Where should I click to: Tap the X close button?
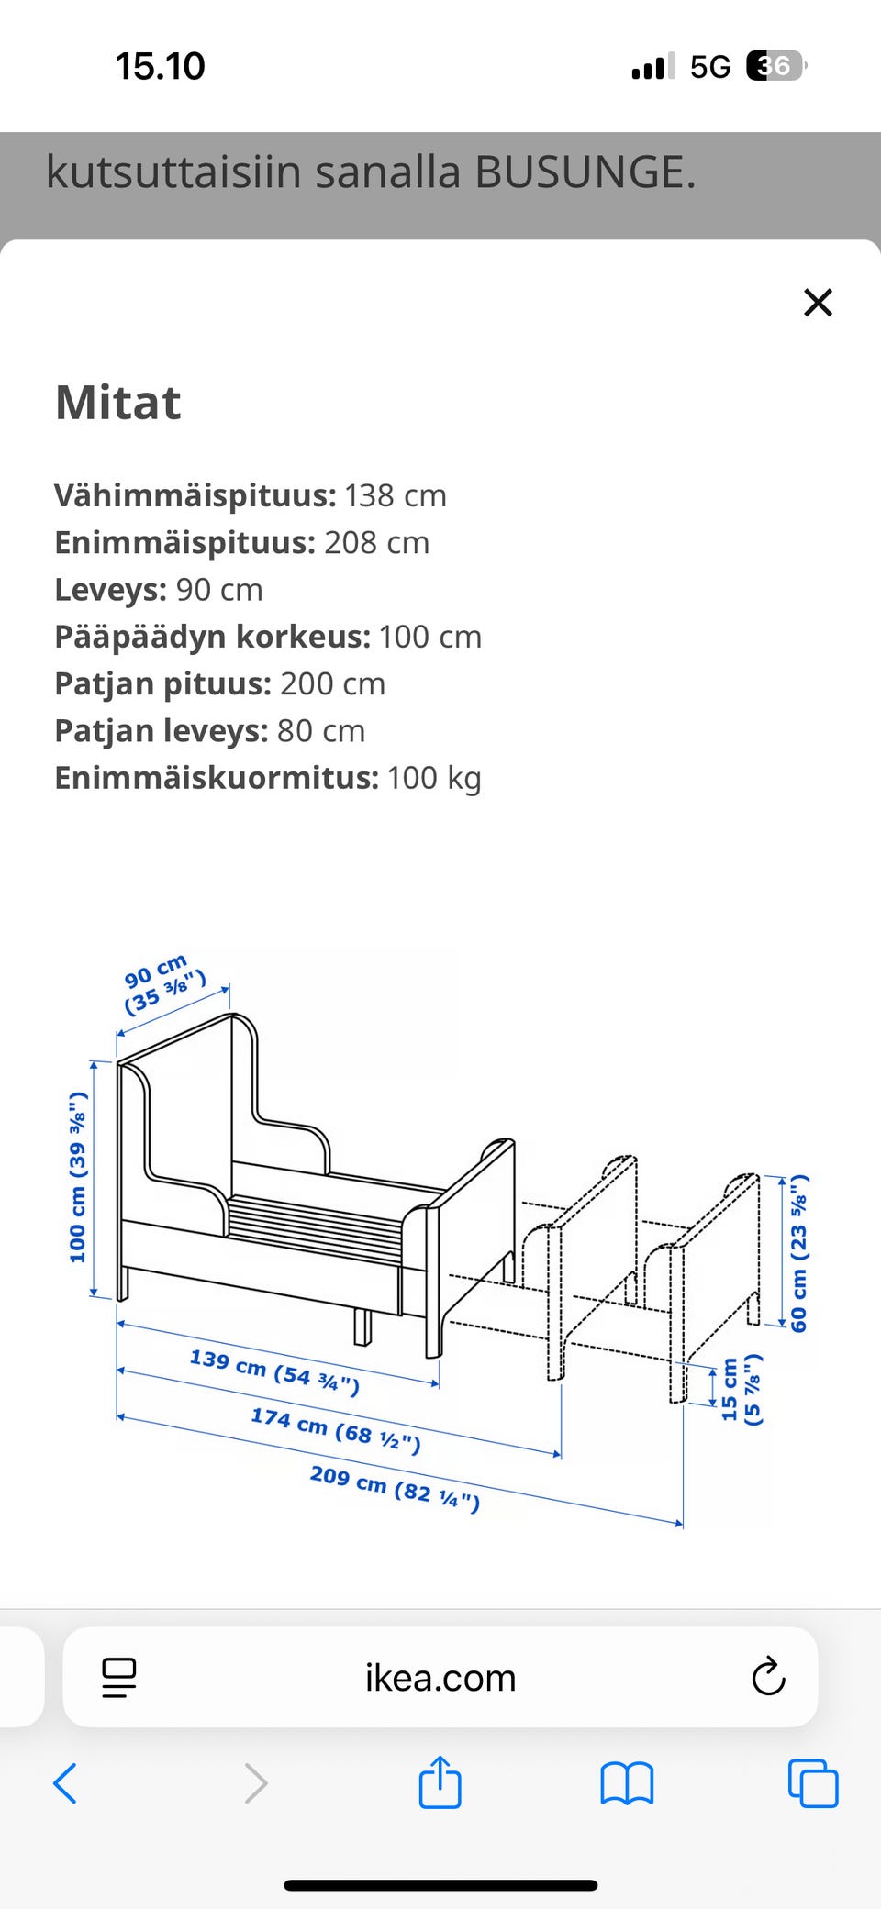(x=818, y=302)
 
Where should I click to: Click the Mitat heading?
(x=118, y=402)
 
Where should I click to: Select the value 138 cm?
(x=396, y=495)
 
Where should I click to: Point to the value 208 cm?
(x=376, y=542)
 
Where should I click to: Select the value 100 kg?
(x=434, y=778)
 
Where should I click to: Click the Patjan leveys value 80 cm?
(x=321, y=731)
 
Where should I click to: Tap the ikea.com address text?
(x=440, y=1678)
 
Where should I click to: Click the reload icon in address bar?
(x=768, y=1677)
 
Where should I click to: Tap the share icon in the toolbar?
(x=440, y=1781)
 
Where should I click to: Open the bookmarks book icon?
(x=627, y=1783)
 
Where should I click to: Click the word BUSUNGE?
(x=585, y=172)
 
